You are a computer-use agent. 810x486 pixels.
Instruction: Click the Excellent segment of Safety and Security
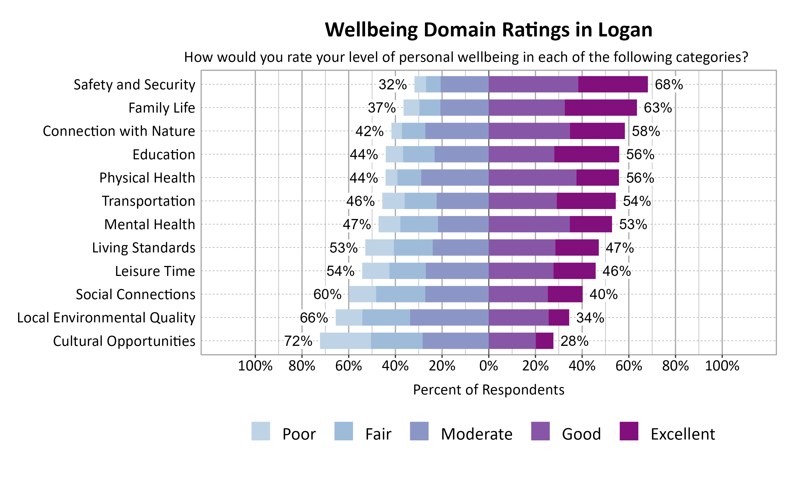(613, 85)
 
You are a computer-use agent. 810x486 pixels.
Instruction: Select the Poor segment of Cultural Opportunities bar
(345, 341)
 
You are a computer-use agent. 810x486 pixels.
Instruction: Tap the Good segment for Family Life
(526, 108)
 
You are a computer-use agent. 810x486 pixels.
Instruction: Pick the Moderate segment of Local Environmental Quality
(449, 318)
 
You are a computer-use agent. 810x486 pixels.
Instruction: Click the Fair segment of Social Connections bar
(400, 294)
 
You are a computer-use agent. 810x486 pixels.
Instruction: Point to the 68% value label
(669, 85)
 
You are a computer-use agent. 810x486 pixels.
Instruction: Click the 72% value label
(298, 341)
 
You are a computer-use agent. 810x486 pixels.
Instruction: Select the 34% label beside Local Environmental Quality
(590, 318)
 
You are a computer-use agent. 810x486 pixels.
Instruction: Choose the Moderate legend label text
(476, 434)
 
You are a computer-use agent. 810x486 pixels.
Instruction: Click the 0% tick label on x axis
(488, 366)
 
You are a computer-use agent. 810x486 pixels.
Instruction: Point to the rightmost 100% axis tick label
(722, 366)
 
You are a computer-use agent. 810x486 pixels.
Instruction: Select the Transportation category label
(148, 201)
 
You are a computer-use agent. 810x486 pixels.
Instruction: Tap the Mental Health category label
(150, 225)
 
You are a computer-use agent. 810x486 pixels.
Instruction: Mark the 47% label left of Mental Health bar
(357, 225)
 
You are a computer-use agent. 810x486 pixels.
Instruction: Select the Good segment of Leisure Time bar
(521, 271)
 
